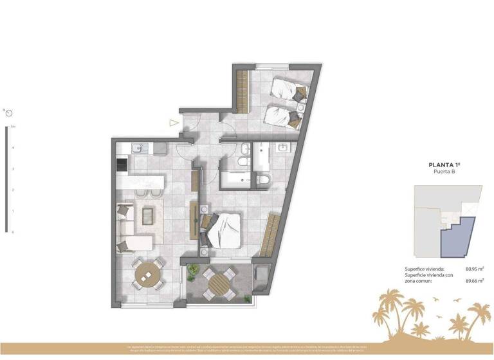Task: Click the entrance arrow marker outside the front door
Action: (x=172, y=122)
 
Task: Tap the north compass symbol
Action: (x=8, y=113)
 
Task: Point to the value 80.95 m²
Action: (x=474, y=271)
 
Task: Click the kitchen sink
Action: (x=137, y=148)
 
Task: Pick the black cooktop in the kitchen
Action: (x=121, y=165)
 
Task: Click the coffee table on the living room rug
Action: (x=148, y=217)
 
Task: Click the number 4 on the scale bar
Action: (x=12, y=147)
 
